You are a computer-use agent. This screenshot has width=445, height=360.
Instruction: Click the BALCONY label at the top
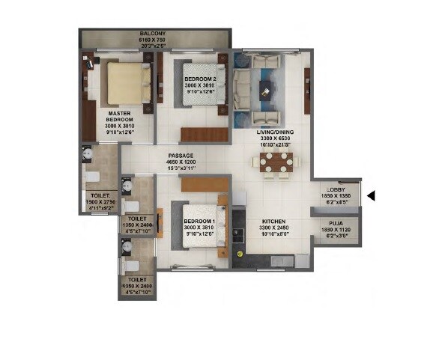click(157, 34)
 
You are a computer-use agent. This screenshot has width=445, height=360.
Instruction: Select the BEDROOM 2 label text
click(200, 79)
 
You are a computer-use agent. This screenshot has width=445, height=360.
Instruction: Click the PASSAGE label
click(181, 156)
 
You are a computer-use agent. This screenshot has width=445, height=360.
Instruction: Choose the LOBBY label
click(336, 190)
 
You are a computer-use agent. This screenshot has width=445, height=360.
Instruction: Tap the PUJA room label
click(336, 221)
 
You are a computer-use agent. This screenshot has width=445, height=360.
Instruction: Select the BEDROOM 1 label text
click(199, 222)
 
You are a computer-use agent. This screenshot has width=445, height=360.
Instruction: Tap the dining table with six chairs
click(276, 162)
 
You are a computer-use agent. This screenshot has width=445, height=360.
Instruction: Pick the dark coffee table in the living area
click(266, 90)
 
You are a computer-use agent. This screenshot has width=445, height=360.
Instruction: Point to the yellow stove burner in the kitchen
click(239, 254)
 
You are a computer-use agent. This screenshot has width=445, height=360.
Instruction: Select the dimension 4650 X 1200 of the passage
click(181, 162)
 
